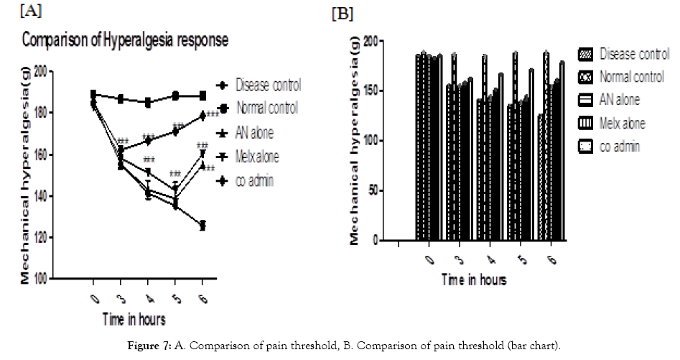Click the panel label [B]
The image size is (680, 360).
[343, 14]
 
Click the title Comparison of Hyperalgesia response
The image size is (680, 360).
[125, 41]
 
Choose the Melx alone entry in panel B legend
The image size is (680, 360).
[622, 124]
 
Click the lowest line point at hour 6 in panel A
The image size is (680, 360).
[202, 226]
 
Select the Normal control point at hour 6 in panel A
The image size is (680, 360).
[202, 96]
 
